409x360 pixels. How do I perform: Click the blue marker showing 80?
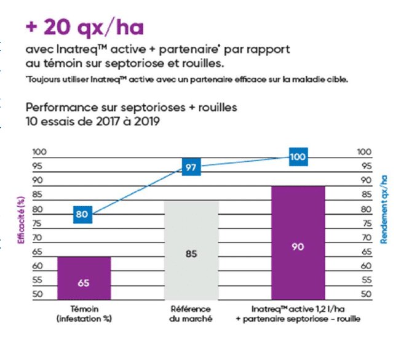[x=83, y=215]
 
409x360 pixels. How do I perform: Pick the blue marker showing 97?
[x=191, y=167]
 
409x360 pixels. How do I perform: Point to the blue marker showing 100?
[x=298, y=158]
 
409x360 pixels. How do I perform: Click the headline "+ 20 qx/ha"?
[x=84, y=28]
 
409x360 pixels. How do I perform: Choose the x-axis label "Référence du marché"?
[x=191, y=313]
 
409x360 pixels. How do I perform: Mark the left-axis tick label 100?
[x=38, y=152]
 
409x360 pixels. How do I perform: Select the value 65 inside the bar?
[x=84, y=284]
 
